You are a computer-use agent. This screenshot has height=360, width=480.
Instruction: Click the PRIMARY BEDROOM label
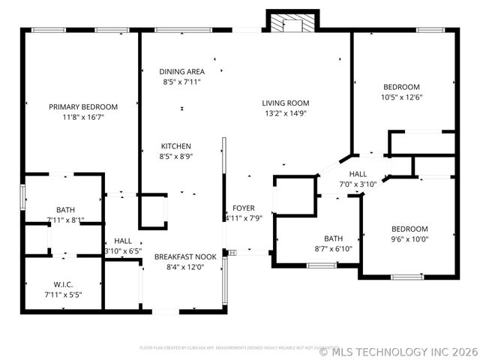[83, 106]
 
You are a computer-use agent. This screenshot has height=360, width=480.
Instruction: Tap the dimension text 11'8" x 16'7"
[83, 117]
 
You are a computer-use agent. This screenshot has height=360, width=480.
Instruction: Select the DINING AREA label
[181, 71]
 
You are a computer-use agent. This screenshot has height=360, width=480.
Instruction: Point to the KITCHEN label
[175, 146]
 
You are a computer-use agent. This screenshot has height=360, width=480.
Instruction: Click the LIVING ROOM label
[285, 103]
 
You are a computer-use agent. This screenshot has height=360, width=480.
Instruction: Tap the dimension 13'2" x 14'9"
[285, 114]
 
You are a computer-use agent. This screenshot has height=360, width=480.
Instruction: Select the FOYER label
[243, 208]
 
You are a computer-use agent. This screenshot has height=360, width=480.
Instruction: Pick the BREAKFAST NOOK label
[185, 256]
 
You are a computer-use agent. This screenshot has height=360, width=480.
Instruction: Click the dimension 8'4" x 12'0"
[185, 267]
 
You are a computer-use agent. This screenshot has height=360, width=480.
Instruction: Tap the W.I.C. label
[64, 284]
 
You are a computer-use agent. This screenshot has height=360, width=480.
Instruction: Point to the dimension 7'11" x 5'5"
[64, 295]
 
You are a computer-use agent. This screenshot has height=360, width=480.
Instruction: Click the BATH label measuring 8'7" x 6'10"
[333, 238]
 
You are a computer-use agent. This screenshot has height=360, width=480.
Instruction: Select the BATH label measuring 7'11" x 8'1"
[65, 209]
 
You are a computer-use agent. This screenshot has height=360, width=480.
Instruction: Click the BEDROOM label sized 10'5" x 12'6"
[401, 86]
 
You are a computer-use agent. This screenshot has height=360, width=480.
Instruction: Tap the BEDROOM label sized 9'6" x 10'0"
[409, 229]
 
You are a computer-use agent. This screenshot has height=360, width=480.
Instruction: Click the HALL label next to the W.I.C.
[123, 241]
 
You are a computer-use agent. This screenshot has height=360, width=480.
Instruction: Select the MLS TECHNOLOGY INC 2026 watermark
[398, 351]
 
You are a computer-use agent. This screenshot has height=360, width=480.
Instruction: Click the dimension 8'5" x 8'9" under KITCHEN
[175, 157]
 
